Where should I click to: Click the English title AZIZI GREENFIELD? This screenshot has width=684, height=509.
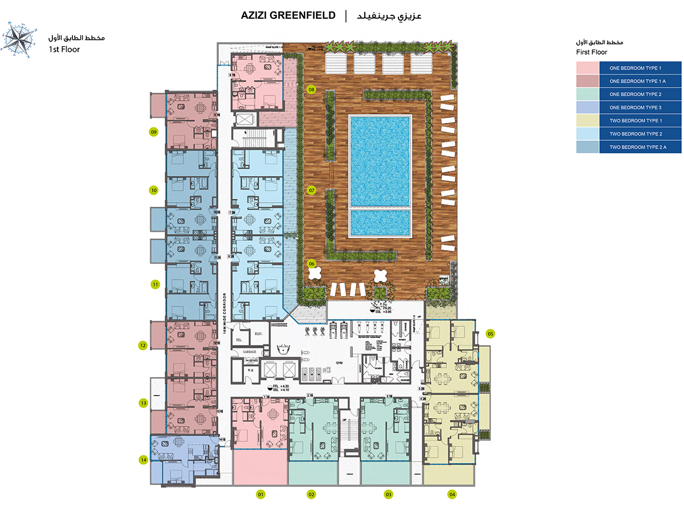[288, 15]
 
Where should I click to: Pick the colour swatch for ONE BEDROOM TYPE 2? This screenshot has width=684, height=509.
[587, 94]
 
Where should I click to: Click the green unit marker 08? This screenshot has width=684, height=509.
[312, 89]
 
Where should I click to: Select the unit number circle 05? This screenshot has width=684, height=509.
[490, 334]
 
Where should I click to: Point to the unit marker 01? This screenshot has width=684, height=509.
[261, 494]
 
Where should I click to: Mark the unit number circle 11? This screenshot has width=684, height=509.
[154, 284]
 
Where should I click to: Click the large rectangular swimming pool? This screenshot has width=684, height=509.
[380, 161]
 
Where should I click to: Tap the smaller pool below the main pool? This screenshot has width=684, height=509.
[380, 223]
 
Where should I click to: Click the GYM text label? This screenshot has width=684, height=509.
[339, 362]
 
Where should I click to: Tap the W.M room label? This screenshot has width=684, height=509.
[250, 371]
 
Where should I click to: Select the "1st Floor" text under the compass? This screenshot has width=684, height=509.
[64, 50]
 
